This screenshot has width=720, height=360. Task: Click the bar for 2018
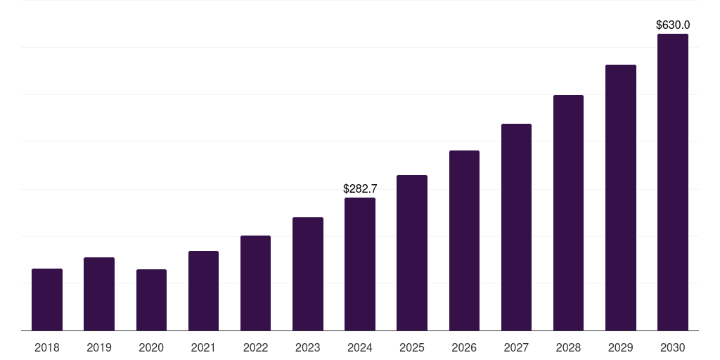47,300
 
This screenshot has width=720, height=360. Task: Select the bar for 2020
151,300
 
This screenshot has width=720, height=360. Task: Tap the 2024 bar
360,264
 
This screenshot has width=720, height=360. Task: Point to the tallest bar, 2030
673,182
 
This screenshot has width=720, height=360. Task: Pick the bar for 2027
516,227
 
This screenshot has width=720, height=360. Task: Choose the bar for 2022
255,283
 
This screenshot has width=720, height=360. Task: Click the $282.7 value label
360,188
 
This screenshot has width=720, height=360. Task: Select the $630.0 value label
673,25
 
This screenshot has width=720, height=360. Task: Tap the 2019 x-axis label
99,347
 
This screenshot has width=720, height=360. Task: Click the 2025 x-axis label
412,347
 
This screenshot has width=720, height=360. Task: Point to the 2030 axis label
673,347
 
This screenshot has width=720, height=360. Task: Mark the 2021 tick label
203,347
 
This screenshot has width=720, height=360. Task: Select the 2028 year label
568,347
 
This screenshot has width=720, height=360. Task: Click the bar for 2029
621,198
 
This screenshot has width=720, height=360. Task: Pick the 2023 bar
308,274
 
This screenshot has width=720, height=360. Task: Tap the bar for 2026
464,240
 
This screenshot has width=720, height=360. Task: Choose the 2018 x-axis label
47,347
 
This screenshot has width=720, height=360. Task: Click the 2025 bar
412,253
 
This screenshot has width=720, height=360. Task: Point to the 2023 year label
308,347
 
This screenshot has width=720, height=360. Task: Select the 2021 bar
203,291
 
